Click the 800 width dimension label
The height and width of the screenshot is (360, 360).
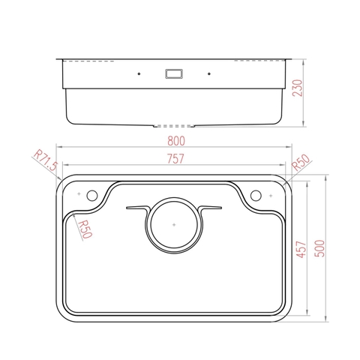coord(176,141)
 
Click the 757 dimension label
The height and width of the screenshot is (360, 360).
coord(175,159)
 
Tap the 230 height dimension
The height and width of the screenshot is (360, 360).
coord(298,88)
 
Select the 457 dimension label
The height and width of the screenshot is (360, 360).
coord(301,249)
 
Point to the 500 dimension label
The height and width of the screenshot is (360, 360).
coord(319,248)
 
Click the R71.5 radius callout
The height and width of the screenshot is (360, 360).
coord(46,160)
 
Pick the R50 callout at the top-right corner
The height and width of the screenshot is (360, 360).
coord(301,163)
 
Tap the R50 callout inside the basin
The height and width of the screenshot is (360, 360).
coord(85,229)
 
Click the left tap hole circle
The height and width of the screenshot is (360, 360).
coord(92,195)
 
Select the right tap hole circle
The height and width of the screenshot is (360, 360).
coord(256,195)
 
